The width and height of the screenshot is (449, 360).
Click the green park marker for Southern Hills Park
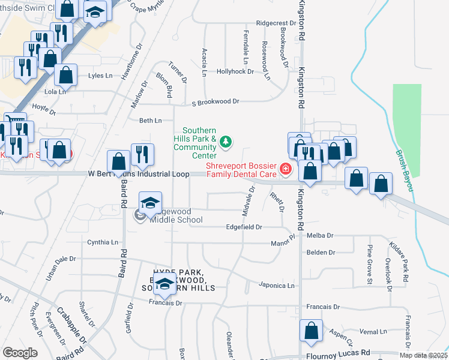coord(226,142)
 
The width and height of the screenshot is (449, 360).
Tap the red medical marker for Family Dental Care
coord(286,169)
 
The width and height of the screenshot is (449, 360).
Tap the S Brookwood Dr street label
coord(215,103)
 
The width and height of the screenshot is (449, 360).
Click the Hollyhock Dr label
coord(235,71)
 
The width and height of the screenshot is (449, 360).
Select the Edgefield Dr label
coord(244,227)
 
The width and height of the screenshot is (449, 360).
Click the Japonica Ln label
coord(277,286)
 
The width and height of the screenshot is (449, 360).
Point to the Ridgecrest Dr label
coord(276,23)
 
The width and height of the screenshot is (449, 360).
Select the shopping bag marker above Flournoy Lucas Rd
coord(311,331)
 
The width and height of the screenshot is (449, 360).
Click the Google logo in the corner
coord(20,353)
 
